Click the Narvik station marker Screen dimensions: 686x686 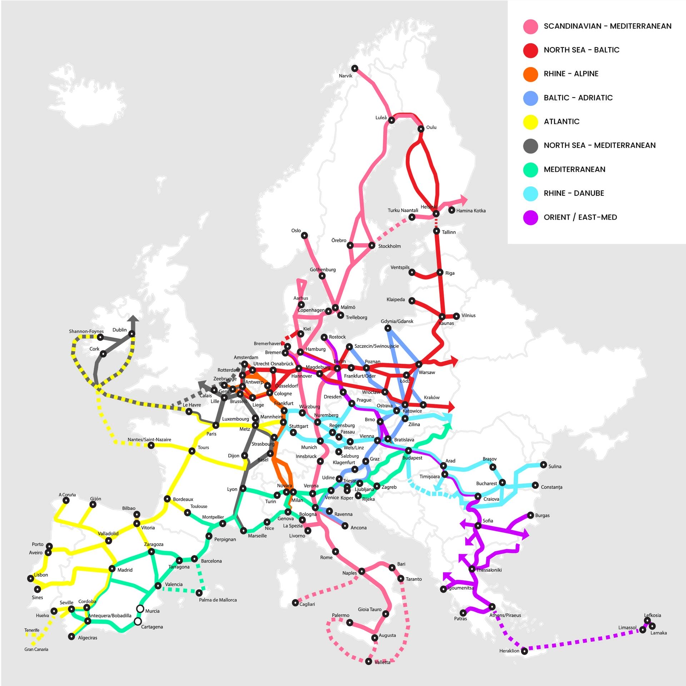point(354,68)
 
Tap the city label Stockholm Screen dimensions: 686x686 point(389,246)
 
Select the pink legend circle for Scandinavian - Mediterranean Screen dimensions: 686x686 point(531,26)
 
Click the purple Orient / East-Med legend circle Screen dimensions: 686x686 point(531,217)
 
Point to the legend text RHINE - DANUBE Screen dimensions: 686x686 point(574,193)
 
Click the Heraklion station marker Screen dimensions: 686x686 point(524,651)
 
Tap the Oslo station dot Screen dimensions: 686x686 point(304,235)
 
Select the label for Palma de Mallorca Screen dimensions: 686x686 point(218,600)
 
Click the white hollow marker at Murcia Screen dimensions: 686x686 point(140,609)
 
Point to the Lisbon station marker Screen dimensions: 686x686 point(31,578)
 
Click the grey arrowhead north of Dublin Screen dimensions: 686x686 point(134,318)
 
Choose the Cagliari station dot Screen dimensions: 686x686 point(295,603)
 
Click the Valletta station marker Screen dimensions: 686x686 point(369,662)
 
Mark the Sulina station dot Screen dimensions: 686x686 point(543,465)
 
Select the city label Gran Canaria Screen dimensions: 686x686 point(36,649)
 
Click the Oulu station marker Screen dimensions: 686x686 point(421,129)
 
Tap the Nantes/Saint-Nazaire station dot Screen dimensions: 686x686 point(151,446)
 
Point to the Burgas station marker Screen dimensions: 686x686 point(530,515)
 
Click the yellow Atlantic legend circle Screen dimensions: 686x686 point(531,122)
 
